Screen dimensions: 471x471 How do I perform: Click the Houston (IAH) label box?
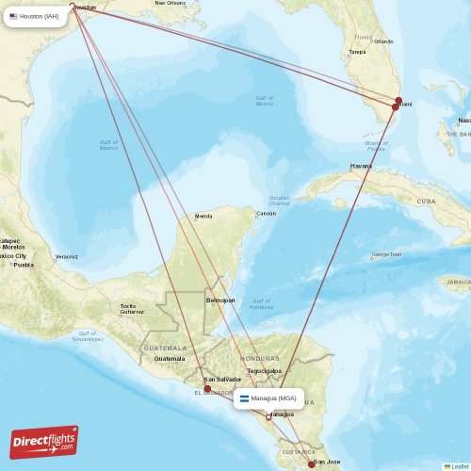click(39, 16)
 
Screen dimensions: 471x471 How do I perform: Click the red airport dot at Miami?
click(396, 106)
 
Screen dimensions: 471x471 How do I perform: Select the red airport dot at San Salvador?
click(207, 388)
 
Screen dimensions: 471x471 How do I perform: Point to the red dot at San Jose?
click(312, 463)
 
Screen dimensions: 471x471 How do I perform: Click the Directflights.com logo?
click(44, 441)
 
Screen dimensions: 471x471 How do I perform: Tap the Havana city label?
click(361, 166)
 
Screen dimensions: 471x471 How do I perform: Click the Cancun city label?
click(267, 213)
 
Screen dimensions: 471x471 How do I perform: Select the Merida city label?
click(203, 217)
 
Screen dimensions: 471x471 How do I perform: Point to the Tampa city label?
click(357, 51)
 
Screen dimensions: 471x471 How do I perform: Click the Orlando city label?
click(382, 41)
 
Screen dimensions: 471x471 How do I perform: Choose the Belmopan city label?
click(219, 300)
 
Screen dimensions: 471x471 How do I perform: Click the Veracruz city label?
click(66, 256)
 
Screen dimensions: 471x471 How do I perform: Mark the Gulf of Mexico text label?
click(108, 145)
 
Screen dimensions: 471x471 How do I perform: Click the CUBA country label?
click(428, 202)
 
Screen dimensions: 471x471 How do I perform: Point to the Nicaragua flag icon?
click(244, 398)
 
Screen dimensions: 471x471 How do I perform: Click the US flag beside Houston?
click(14, 16)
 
